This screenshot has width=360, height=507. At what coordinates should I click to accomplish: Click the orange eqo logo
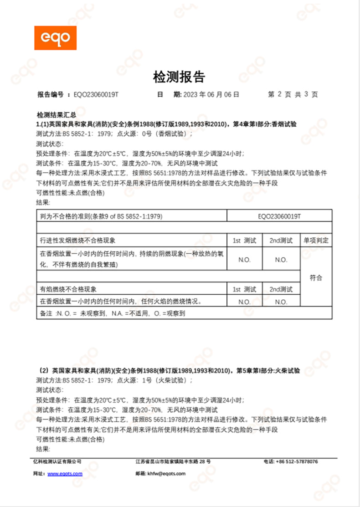click(x=55, y=38)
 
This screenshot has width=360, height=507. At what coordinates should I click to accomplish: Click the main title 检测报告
click(x=179, y=77)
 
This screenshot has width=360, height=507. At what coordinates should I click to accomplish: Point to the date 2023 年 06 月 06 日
click(x=211, y=95)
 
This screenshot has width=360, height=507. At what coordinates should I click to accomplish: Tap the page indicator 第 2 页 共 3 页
click(x=293, y=95)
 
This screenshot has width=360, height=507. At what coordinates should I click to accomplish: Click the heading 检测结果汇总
click(x=57, y=116)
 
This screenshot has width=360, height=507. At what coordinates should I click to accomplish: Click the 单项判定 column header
click(x=315, y=240)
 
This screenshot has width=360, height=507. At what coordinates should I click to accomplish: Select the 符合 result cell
click(x=315, y=277)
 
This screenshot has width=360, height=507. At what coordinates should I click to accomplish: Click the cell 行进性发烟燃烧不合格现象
click(x=81, y=240)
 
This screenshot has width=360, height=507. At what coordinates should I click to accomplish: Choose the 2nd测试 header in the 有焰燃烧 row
click(x=281, y=289)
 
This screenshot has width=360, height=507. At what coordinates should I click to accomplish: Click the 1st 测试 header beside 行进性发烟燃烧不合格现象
click(x=244, y=240)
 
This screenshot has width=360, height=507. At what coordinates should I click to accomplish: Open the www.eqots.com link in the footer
click(x=65, y=474)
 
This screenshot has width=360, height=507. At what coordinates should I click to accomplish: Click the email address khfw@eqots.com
click(x=166, y=474)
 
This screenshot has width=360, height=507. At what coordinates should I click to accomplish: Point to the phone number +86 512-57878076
click(x=297, y=461)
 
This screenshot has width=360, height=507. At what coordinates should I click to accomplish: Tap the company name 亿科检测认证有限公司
click(x=57, y=461)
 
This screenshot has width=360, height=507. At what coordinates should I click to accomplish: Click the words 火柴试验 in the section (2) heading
click(x=287, y=371)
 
